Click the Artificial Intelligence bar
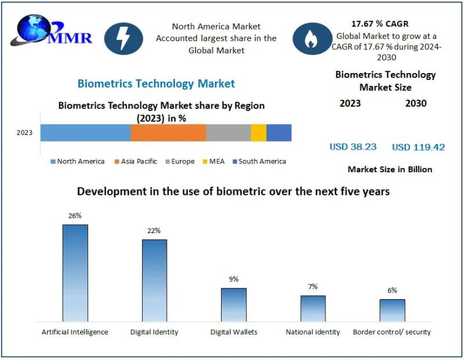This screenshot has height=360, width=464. pyautogui.click(x=75, y=272)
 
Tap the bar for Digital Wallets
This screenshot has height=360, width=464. pyautogui.click(x=233, y=304)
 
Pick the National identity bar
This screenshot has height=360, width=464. pyautogui.click(x=313, y=308)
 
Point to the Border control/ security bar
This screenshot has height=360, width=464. pyautogui.click(x=392, y=310)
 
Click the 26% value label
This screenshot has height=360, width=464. pyautogui.click(x=75, y=216)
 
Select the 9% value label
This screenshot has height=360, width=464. pyautogui.click(x=233, y=279)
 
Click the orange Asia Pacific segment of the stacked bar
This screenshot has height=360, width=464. pyautogui.click(x=168, y=133)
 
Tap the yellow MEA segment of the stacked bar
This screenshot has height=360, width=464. pyautogui.click(x=259, y=133)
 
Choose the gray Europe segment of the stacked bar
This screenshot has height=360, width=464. pyautogui.click(x=229, y=133)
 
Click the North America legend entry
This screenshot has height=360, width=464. pyautogui.click(x=78, y=161)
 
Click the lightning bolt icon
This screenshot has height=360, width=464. pyautogui.click(x=124, y=38)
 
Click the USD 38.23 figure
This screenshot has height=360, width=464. pyautogui.click(x=353, y=147)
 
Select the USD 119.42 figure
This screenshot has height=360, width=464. pyautogui.click(x=418, y=147)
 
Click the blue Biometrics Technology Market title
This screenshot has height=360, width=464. pyautogui.click(x=156, y=83)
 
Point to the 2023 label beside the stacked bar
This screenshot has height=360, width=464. pyautogui.click(x=24, y=133)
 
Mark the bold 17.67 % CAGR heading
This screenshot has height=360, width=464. pyautogui.click(x=380, y=24)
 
